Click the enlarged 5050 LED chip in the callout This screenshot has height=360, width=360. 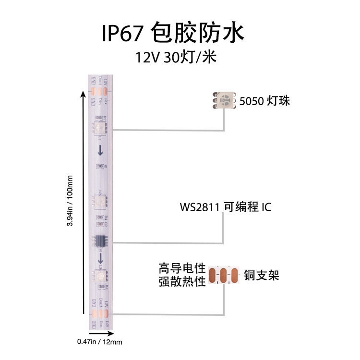tap(224, 101)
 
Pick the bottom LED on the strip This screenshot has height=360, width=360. tap(101, 276)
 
